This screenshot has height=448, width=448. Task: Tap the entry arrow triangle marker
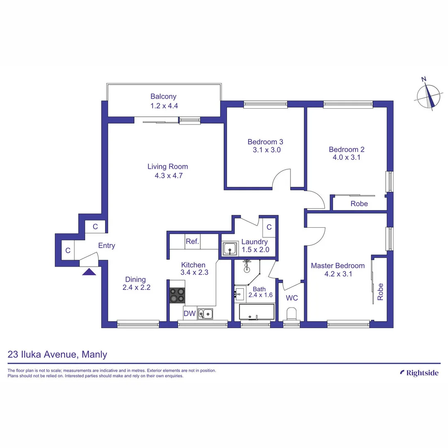(x=89, y=272)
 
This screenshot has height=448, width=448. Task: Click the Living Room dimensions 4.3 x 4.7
(x=168, y=175)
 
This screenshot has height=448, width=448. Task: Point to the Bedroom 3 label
(x=265, y=141)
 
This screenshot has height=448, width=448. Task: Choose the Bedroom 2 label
(x=346, y=149)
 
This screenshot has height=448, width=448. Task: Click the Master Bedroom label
(x=338, y=265)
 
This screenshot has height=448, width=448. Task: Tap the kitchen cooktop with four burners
(x=177, y=295)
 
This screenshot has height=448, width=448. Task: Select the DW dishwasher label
(x=190, y=314)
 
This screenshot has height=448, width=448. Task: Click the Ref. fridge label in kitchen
(x=192, y=241)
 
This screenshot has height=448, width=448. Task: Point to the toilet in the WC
(x=292, y=314)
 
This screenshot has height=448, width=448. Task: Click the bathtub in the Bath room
(x=257, y=312)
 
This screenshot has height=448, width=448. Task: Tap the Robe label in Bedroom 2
(x=359, y=204)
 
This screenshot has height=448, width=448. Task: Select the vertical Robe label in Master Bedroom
(x=380, y=292)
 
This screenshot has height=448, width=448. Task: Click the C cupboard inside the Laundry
(x=269, y=227)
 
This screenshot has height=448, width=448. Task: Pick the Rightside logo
(x=419, y=373)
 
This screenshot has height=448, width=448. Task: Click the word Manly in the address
(x=95, y=354)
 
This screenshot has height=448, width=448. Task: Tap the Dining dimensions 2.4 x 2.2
(x=136, y=287)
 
